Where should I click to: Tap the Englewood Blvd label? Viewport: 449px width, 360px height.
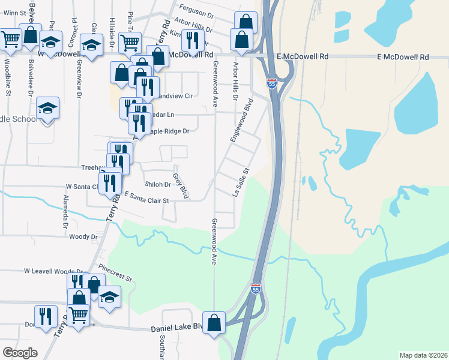tap(241, 121)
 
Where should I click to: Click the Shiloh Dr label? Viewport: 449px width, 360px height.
tap(158, 184)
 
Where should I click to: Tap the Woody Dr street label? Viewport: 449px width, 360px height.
tap(83, 237)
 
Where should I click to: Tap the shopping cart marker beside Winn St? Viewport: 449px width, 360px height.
tap(10, 40)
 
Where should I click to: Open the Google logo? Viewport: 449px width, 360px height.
tap(20, 353)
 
